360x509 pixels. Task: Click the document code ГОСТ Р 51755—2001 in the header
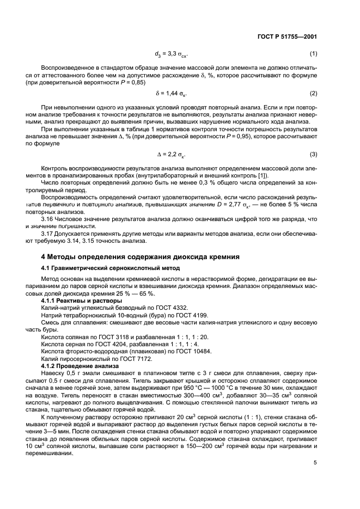(x=287, y=36)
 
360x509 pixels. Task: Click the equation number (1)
(x=313, y=54)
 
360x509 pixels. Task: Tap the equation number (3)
(x=313, y=154)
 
